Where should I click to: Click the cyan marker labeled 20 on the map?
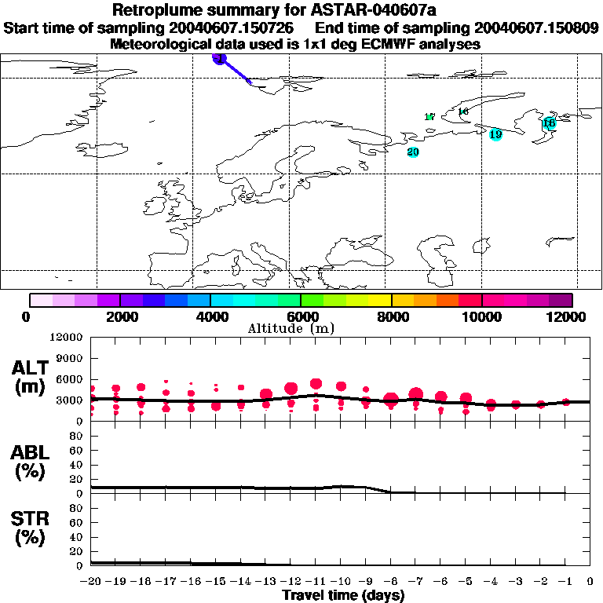point(413,152)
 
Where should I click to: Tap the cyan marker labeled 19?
point(495,134)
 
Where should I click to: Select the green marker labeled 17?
point(429,117)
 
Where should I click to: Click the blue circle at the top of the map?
point(220,58)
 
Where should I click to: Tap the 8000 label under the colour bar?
point(391,316)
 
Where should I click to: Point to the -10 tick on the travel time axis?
point(339,581)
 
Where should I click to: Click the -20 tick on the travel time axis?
point(90,581)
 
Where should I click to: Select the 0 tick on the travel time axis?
point(590,581)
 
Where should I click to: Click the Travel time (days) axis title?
point(343,596)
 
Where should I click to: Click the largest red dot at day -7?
point(416,394)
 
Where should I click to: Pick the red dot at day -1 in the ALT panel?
point(566,402)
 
